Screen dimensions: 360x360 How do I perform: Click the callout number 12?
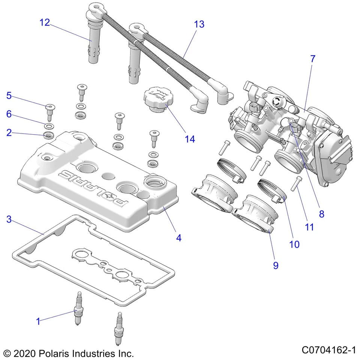coord(45,22)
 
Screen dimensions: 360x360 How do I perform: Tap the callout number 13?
coord(199,24)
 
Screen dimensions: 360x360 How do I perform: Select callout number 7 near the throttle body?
coord(313,59)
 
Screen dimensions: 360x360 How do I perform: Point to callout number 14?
coord(190,139)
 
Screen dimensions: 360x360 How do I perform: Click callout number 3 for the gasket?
coord(9,219)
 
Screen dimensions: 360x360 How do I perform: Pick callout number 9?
coord(276,265)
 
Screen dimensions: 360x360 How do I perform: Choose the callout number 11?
coord(309,227)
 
